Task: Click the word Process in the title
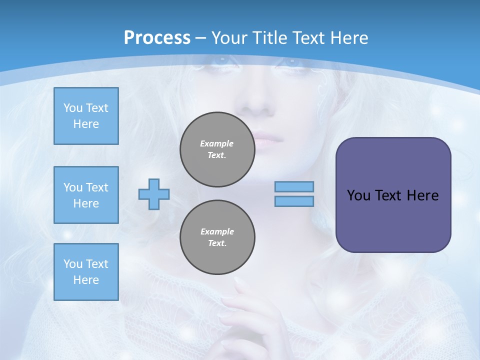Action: point(157,37)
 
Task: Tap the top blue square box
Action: point(86,116)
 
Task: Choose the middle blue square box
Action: point(86,195)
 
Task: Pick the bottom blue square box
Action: point(86,272)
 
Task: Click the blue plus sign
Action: point(154,194)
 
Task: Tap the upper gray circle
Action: point(217,149)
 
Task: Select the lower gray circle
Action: point(217,237)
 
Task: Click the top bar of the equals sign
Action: point(294,186)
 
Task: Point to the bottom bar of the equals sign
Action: point(294,201)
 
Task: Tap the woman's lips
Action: point(263,141)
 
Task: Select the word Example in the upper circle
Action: point(217,143)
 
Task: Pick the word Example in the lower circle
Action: point(217,231)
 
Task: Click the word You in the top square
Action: point(73,108)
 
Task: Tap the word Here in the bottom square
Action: point(86,280)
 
